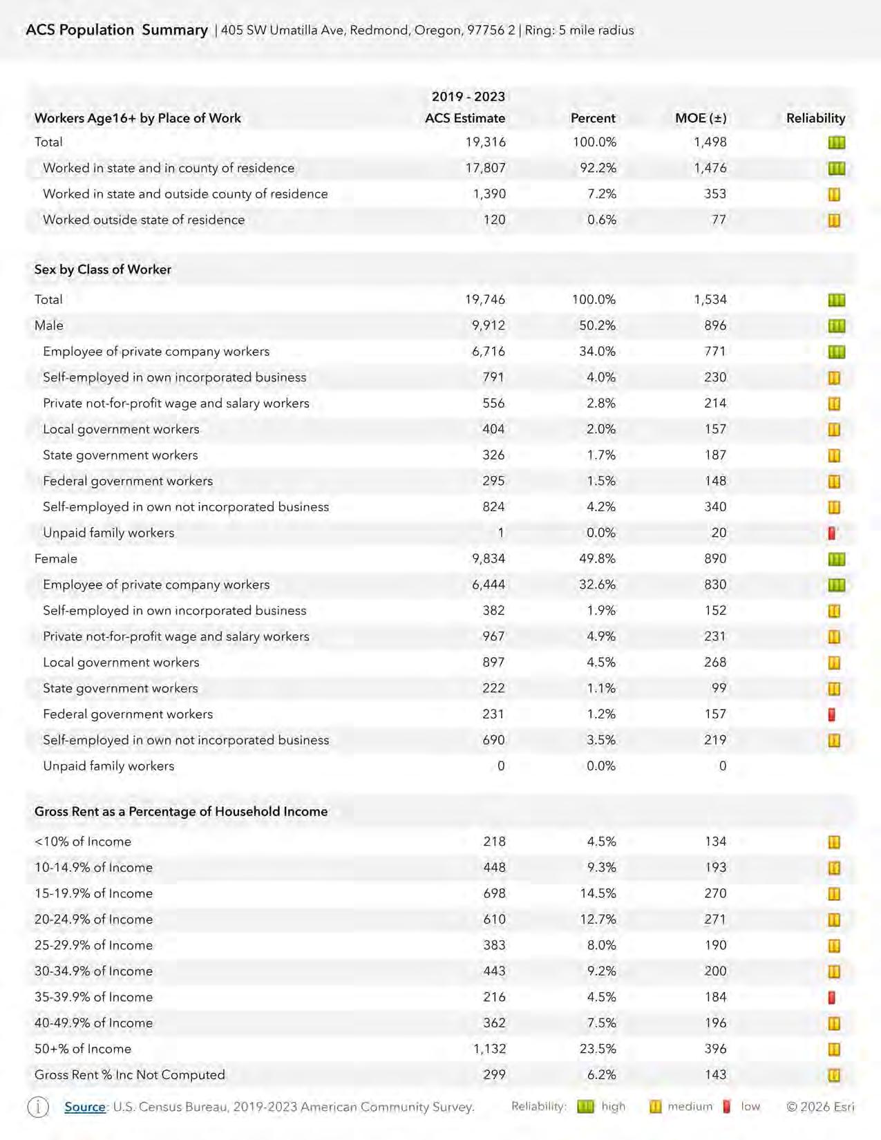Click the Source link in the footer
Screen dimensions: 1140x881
[x=85, y=1107]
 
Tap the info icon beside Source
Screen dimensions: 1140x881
[x=38, y=1107]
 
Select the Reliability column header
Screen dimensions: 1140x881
[x=815, y=118]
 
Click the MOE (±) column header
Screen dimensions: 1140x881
[x=701, y=118]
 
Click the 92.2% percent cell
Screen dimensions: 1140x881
[x=598, y=168]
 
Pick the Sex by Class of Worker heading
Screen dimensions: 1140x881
[x=103, y=269]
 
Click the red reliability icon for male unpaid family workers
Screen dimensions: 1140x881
[x=833, y=533]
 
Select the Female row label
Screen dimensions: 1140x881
[x=56, y=559]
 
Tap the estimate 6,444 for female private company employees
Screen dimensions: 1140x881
[x=489, y=585]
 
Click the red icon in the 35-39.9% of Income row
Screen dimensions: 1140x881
[x=832, y=998]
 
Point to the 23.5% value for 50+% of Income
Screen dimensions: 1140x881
[x=598, y=1049]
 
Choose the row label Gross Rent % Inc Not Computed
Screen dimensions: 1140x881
[x=130, y=1075]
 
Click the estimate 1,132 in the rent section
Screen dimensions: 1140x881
[x=489, y=1049]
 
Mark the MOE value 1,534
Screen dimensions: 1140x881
[x=710, y=299]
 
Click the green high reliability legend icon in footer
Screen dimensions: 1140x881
[x=585, y=1107]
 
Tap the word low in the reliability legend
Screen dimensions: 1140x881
[x=750, y=1107]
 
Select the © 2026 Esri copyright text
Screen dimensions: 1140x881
[x=820, y=1107]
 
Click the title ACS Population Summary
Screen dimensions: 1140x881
[x=117, y=30]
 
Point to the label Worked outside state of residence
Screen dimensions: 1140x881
[x=144, y=220]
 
